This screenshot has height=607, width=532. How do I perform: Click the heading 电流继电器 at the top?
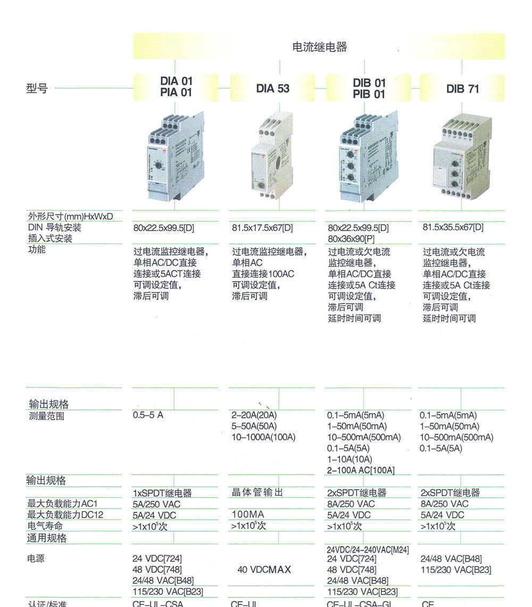click(319, 47)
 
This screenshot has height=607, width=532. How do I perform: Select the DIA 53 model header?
click(273, 88)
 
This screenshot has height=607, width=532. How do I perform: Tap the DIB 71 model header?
click(462, 89)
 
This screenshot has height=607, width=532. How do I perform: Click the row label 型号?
click(37, 88)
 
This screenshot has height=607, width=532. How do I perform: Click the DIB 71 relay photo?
click(460, 159)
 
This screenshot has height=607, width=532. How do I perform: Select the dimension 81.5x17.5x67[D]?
click(262, 228)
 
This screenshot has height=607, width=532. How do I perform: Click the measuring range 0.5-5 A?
click(148, 415)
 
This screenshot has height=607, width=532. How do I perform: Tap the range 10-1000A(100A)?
click(263, 437)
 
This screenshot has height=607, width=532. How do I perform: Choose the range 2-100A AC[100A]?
click(361, 470)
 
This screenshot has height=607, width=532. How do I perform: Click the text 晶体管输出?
click(257, 493)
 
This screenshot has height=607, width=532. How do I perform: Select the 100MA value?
click(247, 515)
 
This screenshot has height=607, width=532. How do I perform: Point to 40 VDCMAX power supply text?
click(264, 570)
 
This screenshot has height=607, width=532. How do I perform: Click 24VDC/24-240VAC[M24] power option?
click(368, 550)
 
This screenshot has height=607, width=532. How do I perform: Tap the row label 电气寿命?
click(45, 526)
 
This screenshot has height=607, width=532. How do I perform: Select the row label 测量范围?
click(46, 416)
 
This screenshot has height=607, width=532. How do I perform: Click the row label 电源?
click(36, 559)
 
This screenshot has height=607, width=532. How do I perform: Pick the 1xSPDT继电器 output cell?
click(162, 493)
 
